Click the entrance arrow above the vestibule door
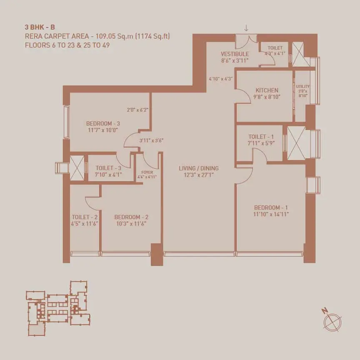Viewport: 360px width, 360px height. (x=246, y=28)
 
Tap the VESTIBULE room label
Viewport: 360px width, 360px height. (x=235, y=54)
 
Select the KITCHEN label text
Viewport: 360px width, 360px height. (x=267, y=90)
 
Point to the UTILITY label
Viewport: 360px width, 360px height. (x=302, y=86)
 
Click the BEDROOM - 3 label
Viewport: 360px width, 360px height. (x=103, y=123)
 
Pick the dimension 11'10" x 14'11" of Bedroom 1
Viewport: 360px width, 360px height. (x=271, y=214)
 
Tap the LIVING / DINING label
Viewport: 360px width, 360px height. (x=199, y=168)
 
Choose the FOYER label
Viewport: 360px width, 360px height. (x=147, y=172)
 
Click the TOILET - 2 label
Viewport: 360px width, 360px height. (x=85, y=217)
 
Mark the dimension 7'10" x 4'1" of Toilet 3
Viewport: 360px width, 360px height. (x=108, y=175)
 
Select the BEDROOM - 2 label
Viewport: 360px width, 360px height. (x=131, y=217)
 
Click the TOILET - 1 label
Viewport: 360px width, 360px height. (x=261, y=137)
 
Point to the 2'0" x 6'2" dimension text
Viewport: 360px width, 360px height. (x=137, y=110)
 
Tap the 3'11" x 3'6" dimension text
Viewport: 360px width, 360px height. (x=151, y=140)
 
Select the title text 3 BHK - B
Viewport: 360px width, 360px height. (x=40, y=27)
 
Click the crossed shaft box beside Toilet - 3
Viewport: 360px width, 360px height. (x=77, y=168)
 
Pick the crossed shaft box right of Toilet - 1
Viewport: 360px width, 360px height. (x=296, y=142)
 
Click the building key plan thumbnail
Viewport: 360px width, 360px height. (x=58, y=308)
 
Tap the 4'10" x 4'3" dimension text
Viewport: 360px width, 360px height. (x=221, y=79)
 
